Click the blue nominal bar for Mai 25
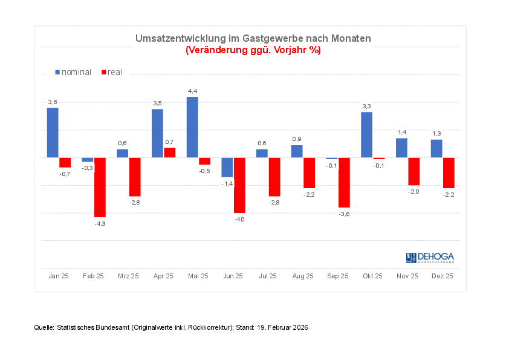192,127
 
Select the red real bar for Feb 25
100,187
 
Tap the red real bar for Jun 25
239,185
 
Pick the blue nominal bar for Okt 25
366,135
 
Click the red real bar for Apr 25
170,152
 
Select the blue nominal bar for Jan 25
53,133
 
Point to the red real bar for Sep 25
344,182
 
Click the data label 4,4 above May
192,91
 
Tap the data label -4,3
100,224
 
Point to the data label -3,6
344,214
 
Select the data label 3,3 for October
366,106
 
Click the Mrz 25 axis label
128,276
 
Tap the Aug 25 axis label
303,276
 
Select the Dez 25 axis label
443,276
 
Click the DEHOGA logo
430,258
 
